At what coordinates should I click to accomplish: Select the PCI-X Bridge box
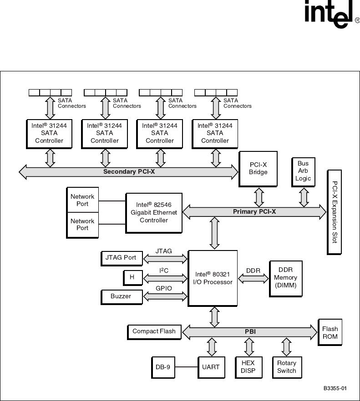pyautogui.click(x=258, y=169)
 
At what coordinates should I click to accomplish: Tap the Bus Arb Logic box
pyautogui.click(x=303, y=171)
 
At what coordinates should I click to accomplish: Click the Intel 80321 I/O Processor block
pyautogui.click(x=213, y=278)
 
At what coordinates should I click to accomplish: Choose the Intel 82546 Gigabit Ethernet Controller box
pyautogui.click(x=154, y=213)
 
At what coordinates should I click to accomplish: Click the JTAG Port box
pyautogui.click(x=121, y=258)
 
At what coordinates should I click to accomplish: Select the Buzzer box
pyautogui.click(x=121, y=296)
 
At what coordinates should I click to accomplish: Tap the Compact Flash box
pyautogui.click(x=154, y=331)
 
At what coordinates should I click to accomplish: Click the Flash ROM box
pyautogui.click(x=330, y=333)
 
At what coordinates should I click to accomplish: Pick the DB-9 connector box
pyautogui.click(x=162, y=367)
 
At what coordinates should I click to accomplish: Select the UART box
pyautogui.click(x=211, y=367)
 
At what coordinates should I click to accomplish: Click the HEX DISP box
pyautogui.click(x=248, y=367)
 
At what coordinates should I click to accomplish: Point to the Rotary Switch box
pyautogui.click(x=286, y=367)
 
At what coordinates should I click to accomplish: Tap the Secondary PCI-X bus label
pyautogui.click(x=129, y=171)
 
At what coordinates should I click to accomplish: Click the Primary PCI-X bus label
pyautogui.click(x=254, y=211)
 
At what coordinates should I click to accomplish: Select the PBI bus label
pyautogui.click(x=250, y=332)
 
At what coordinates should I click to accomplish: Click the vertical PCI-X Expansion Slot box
pyautogui.click(x=335, y=212)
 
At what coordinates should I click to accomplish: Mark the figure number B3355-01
pyautogui.click(x=335, y=389)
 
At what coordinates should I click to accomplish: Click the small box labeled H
pyautogui.click(x=132, y=277)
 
